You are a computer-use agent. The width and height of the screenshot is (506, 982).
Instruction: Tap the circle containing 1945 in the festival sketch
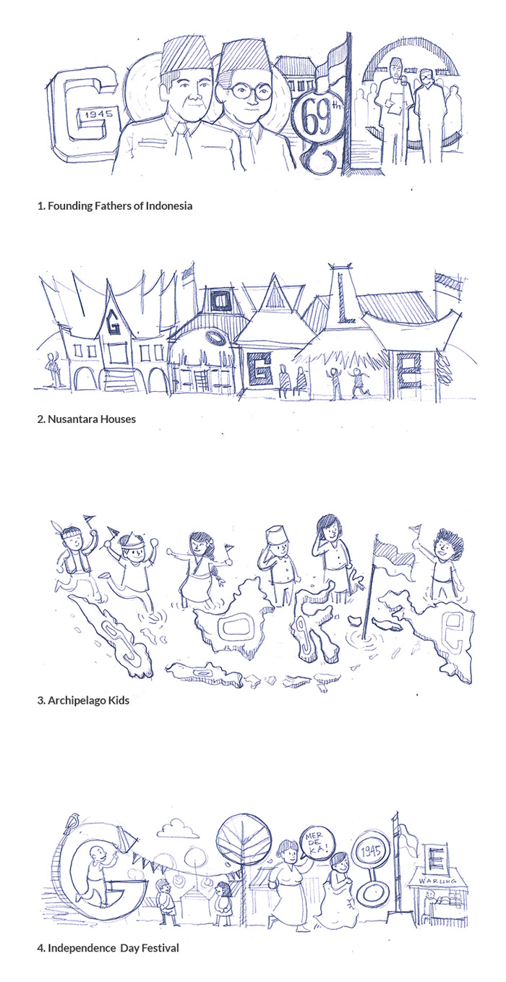[370, 851]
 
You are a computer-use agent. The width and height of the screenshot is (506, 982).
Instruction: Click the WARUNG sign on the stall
[437, 881]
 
